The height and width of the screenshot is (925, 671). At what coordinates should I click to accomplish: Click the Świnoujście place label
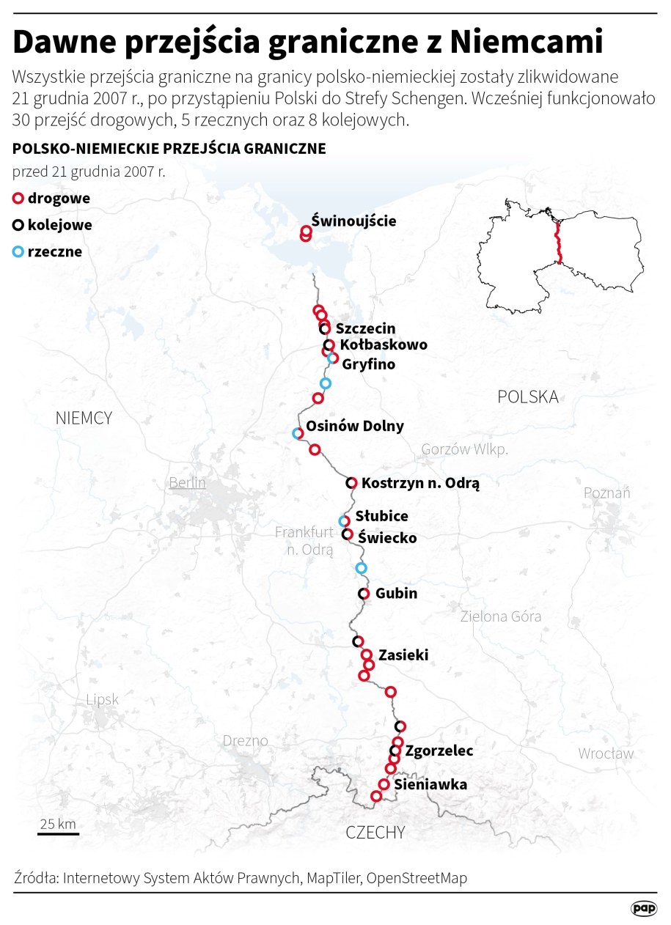pos(353,220)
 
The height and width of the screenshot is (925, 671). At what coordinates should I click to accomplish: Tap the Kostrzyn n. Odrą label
pos(420,483)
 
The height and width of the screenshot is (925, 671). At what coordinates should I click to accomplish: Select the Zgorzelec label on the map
pos(439,751)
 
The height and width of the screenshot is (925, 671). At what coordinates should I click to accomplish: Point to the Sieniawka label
pos(430,785)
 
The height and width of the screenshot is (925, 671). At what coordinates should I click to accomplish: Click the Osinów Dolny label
pos(354,426)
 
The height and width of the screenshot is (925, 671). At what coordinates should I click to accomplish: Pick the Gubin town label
pos(396,593)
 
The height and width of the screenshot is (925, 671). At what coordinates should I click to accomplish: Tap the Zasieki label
pos(403,655)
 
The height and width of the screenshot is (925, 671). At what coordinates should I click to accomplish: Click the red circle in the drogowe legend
pos(19,198)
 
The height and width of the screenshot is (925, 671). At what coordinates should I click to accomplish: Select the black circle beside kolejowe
pos(19,225)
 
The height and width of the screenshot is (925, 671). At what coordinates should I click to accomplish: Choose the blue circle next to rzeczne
pos(19,252)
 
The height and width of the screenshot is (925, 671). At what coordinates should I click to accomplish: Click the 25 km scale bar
pos(58,832)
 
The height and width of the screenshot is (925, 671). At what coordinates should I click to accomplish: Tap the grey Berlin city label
pos(187,483)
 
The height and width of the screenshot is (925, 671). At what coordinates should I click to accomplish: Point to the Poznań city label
pos(606,493)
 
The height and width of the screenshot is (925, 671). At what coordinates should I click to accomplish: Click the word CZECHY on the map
pos(375,833)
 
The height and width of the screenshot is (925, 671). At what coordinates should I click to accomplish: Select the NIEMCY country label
pos(84,418)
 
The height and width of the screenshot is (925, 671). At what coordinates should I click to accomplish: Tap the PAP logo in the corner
pos(644,908)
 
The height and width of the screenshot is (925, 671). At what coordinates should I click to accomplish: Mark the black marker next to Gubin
pos(364,593)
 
